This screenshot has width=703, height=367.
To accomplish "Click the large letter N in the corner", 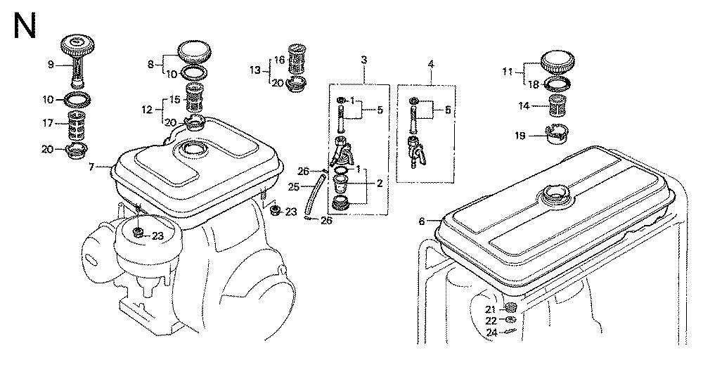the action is tap(25, 25).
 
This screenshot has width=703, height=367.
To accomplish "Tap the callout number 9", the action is tap(51, 65).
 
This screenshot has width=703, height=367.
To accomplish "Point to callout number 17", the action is tap(48, 122).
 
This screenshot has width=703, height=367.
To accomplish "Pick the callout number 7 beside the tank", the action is tap(91, 167).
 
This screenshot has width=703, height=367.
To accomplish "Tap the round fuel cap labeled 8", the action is tap(194, 53).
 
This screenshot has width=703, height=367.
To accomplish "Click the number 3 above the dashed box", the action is tap(364, 59).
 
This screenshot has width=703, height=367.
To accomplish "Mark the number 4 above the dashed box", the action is tap(431, 64).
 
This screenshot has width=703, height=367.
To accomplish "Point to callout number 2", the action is tap(380, 183).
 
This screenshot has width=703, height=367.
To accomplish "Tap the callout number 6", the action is tap(421, 221).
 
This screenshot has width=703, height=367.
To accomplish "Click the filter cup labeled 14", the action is tap(559, 107).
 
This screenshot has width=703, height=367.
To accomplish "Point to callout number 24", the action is tap(492, 333).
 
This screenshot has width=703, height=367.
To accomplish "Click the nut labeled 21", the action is tap(510, 307).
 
